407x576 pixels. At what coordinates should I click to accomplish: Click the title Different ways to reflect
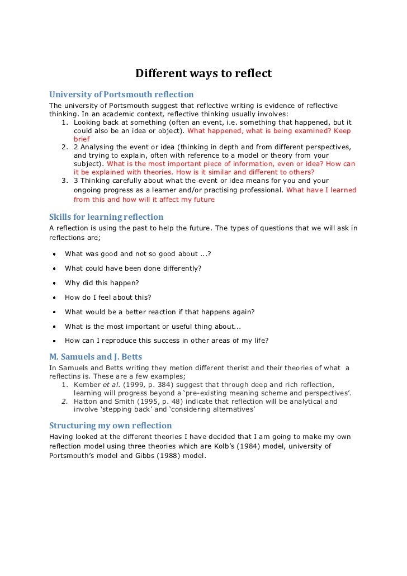pos(203,73)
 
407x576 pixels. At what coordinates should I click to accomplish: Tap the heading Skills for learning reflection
pos(106,216)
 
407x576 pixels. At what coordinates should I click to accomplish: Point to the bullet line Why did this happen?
pos(102,282)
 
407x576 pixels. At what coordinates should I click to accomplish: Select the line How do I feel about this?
pos(108,297)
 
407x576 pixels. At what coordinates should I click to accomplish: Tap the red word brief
pos(82,139)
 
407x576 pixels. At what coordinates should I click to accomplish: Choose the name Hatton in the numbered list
pos(86,402)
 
